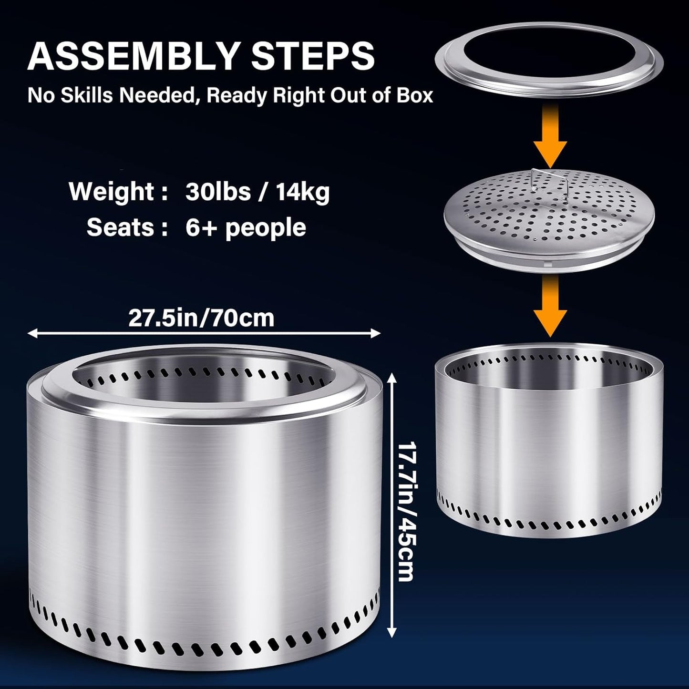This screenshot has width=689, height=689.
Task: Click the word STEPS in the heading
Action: point(313,56)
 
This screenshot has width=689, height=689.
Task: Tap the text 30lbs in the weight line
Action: point(218,192)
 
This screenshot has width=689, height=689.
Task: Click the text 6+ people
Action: point(246,227)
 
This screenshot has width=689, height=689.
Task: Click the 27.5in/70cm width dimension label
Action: point(202,318)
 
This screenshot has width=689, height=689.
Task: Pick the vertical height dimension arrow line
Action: point(391,505)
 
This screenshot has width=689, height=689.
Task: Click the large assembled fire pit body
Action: point(204,515)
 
